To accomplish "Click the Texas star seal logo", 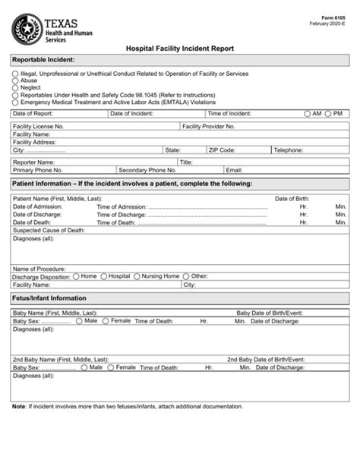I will (27, 30).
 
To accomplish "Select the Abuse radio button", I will (15, 80).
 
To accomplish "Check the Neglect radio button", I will (15, 87).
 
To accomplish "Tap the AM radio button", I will (308, 113).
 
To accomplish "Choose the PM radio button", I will (328, 113).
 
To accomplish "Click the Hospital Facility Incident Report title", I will (180, 47).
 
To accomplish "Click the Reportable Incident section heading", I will (44, 59).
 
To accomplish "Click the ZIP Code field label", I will (223, 150).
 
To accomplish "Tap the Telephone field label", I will (289, 150).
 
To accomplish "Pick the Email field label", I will (234, 170).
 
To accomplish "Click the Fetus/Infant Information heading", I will (49, 298).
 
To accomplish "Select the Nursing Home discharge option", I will (138, 276).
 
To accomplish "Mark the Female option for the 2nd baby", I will (111, 367).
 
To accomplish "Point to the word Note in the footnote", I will (19, 406).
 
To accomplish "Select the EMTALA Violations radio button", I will (15, 101).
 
